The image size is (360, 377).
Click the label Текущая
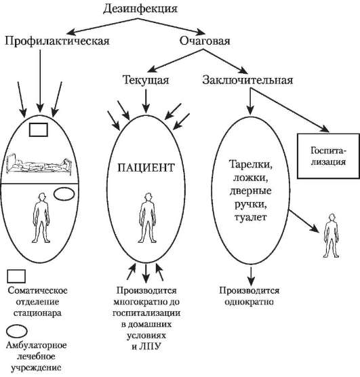[x=145, y=79]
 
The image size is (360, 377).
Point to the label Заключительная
[x=247, y=79]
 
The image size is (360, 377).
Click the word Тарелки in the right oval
[x=252, y=164]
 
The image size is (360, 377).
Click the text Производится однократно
[x=250, y=296]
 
